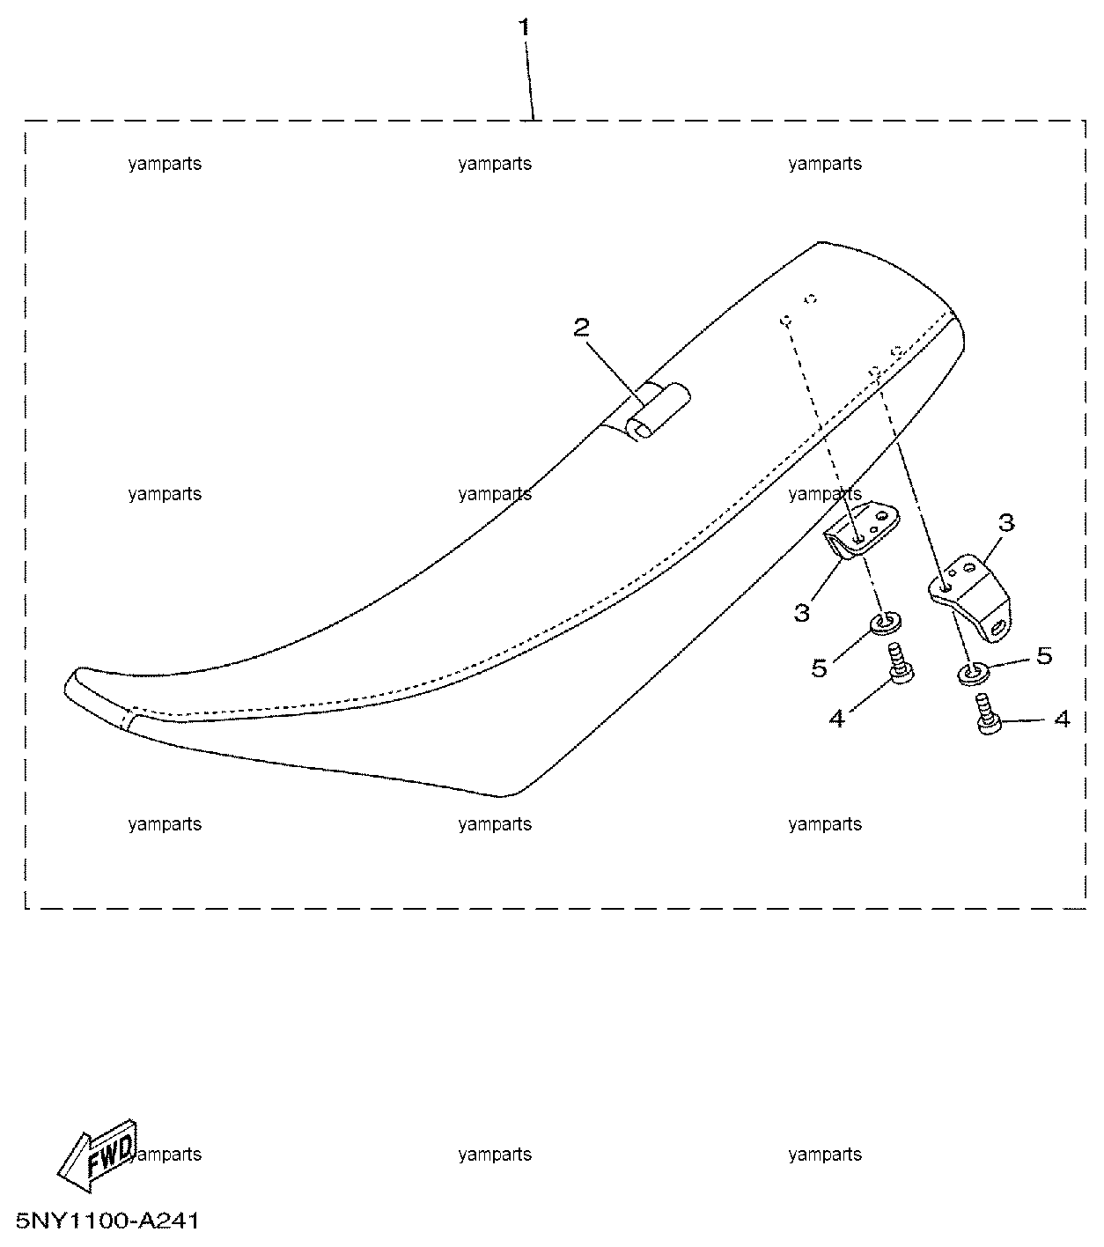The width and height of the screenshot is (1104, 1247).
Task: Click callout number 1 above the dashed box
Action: coord(524,27)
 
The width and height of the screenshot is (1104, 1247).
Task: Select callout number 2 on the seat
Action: coord(581,327)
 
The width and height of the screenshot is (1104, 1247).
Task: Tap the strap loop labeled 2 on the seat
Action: coord(657,410)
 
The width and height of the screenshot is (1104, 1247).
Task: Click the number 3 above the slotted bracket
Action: coord(1006,522)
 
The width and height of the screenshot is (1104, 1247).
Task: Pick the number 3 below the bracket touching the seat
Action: coord(801,613)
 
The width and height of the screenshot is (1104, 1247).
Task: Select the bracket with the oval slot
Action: coord(970,596)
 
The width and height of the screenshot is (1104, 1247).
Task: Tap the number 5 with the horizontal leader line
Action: coord(1044,655)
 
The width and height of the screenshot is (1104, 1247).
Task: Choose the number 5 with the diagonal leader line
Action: coord(819,668)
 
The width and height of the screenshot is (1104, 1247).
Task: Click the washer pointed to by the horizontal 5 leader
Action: coord(974,674)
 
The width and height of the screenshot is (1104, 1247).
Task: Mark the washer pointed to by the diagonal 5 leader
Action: coord(886,623)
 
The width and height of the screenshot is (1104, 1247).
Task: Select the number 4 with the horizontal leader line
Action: coord(1062,719)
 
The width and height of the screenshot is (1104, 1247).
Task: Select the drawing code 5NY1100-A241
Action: coord(107,1221)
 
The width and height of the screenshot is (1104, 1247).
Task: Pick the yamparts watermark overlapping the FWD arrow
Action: coord(165,1154)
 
